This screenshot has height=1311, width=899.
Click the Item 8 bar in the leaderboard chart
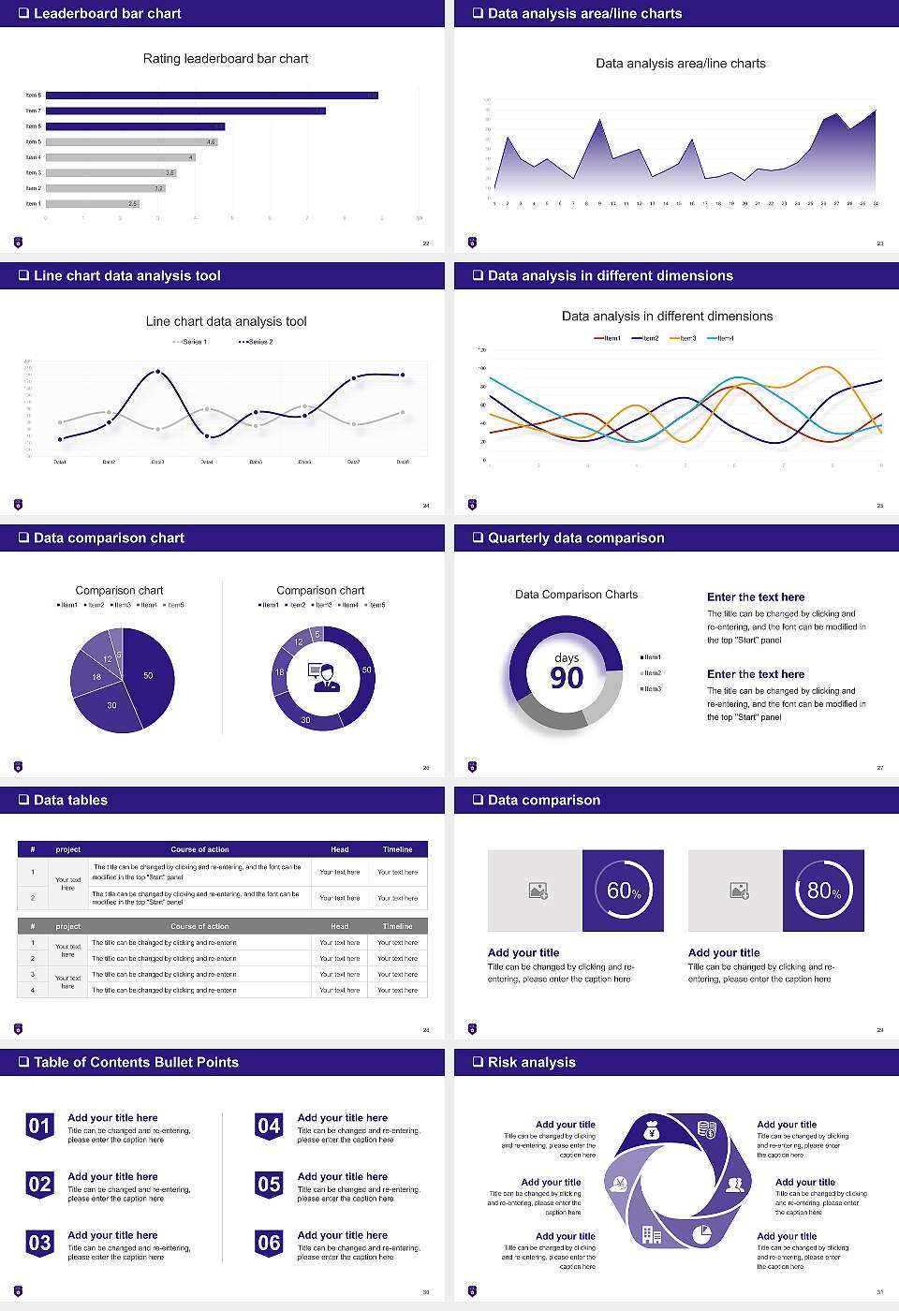[212, 96]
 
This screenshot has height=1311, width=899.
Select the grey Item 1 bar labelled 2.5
[92, 203]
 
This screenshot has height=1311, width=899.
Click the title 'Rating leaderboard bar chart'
[226, 58]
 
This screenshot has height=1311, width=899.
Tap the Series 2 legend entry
[256, 342]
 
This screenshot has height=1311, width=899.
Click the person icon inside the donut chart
[323, 677]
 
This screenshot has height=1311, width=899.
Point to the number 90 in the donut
[567, 677]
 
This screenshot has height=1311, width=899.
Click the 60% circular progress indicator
[623, 891]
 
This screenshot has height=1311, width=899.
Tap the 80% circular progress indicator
[823, 891]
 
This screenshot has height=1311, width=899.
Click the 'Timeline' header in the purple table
[397, 849]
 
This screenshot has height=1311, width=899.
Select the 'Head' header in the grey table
[339, 926]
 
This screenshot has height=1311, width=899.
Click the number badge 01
[39, 1126]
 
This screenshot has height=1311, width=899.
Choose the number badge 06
[269, 1243]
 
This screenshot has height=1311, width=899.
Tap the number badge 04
[269, 1126]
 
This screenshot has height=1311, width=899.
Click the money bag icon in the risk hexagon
[653, 1132]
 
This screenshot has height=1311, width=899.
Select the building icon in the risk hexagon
[652, 1235]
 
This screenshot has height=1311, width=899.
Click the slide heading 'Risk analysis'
[531, 1062]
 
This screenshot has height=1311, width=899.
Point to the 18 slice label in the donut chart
[279, 672]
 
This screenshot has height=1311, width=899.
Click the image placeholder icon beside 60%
[538, 891]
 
